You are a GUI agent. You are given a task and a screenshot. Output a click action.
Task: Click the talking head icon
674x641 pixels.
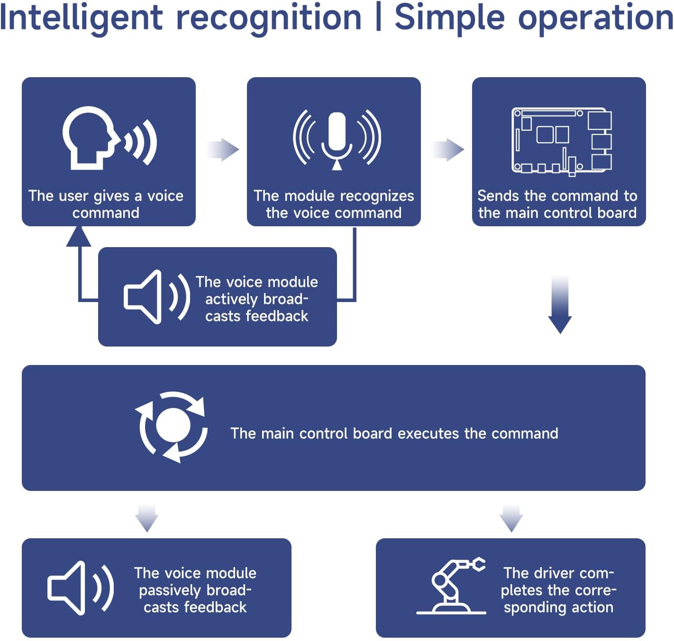click(109, 137)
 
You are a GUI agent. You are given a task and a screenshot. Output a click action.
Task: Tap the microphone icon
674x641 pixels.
click(337, 138)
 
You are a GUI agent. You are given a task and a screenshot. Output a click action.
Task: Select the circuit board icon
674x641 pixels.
click(562, 141)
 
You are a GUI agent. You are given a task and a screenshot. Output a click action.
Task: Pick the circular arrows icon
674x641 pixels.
click(173, 427)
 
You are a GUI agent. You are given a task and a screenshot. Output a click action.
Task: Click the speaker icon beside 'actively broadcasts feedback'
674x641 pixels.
click(156, 297)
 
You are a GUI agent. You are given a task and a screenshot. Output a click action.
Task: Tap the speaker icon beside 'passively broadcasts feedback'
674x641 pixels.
click(81, 588)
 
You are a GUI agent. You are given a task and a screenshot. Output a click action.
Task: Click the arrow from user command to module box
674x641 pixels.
click(223, 150)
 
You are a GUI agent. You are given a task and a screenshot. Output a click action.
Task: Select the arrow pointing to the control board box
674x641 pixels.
click(448, 150)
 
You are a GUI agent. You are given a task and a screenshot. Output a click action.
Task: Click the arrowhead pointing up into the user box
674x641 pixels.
click(79, 236)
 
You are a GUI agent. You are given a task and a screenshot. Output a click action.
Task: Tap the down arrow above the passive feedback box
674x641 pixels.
click(146, 518)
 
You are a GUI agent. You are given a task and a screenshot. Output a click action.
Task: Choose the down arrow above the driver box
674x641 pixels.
click(511, 518)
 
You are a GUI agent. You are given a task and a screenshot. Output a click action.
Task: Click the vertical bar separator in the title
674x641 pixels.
click(378, 18)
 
